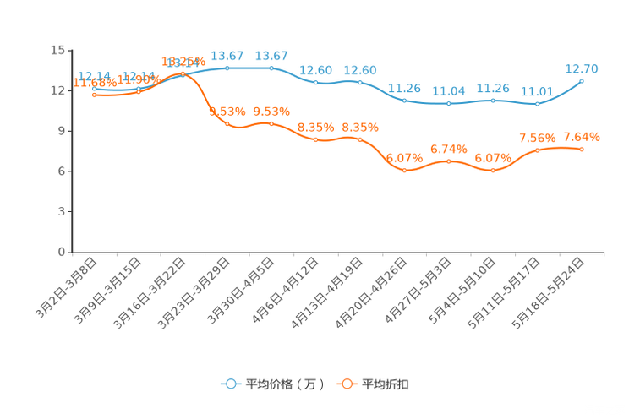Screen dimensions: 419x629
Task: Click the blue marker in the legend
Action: [230, 384]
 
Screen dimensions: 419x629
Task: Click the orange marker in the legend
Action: [346, 384]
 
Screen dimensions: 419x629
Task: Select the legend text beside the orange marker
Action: [386, 384]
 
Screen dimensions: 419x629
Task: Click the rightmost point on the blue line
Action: [582, 81]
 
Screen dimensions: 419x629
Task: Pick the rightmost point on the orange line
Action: [582, 150]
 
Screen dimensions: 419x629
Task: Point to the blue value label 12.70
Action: [582, 68]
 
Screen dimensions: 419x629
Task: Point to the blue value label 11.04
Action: [448, 90]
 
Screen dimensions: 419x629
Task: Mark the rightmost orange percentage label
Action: [582, 137]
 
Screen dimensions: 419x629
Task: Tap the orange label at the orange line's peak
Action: [183, 62]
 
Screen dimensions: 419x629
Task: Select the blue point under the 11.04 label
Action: [448, 103]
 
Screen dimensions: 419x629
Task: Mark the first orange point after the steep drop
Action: [227, 124]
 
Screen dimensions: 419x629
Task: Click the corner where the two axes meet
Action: [69, 252]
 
